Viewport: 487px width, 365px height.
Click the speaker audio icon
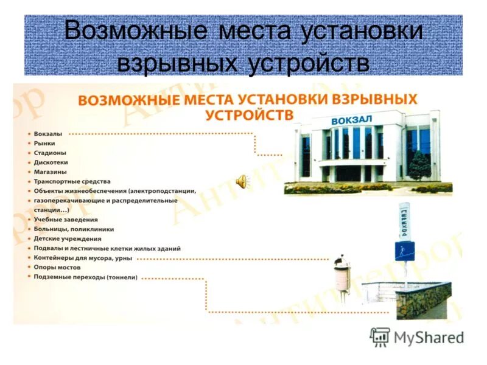point(242,181)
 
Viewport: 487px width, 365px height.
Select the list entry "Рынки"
point(44,143)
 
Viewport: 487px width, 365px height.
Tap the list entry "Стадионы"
point(50,153)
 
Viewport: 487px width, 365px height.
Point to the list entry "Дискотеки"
point(51,162)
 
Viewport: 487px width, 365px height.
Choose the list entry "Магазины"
point(50,172)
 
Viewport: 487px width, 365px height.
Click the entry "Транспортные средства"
point(72,181)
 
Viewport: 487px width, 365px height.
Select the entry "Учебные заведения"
point(66,219)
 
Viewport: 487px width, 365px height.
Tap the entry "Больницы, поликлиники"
point(74,229)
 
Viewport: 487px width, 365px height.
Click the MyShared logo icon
point(380,336)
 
